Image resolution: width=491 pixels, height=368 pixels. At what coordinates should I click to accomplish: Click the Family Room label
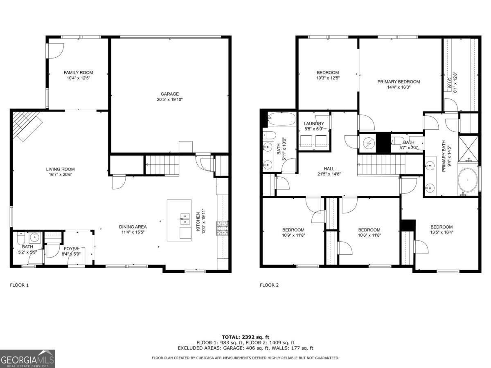coord(78,72)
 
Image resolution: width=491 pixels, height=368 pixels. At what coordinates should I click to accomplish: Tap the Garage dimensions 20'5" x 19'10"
coord(169,99)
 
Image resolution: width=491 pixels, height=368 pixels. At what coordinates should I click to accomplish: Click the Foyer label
coord(71,248)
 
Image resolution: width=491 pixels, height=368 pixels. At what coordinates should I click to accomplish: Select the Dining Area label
coord(133,227)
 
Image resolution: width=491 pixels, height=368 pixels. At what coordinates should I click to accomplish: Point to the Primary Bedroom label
coord(399,81)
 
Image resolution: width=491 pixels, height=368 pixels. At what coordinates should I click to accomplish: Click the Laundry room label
coord(314,123)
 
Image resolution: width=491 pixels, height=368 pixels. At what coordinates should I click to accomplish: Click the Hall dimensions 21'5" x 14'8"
coord(329,174)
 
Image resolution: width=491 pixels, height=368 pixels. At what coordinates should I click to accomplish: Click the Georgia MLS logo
coord(27,359)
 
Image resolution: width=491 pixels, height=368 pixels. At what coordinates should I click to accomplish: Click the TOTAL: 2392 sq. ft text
coord(245,337)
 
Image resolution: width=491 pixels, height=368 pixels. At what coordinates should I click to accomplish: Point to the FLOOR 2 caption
coord(269,285)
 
